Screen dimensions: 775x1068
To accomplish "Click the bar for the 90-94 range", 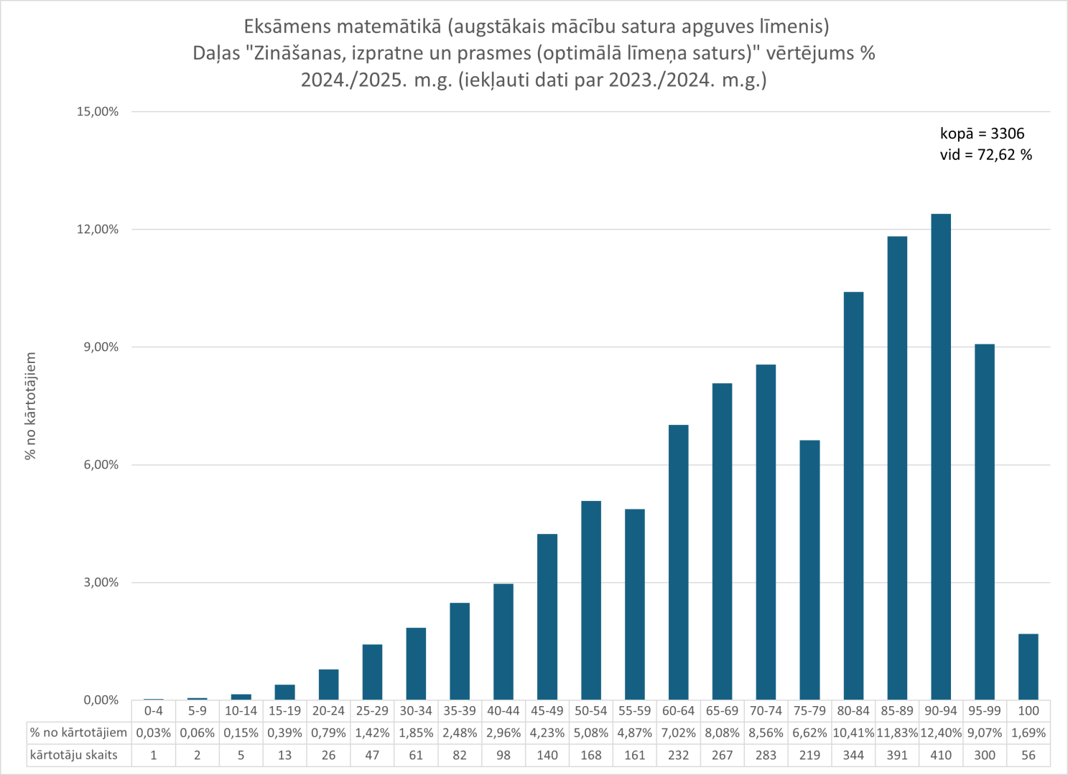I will pyautogui.click(x=940, y=457).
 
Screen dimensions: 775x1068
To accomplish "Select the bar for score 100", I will pyautogui.click(x=1028, y=667).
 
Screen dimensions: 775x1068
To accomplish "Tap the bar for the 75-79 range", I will pyautogui.click(x=809, y=570).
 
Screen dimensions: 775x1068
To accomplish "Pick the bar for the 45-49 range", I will pyautogui.click(x=547, y=617).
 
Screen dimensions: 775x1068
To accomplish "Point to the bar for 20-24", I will pyautogui.click(x=328, y=685).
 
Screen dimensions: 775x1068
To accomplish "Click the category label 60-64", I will pyautogui.click(x=678, y=711).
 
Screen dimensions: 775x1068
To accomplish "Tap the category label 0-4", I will pyautogui.click(x=154, y=711).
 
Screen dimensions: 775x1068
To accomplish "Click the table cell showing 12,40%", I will pyautogui.click(x=941, y=733).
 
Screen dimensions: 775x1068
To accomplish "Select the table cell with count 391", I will pyautogui.click(x=897, y=756).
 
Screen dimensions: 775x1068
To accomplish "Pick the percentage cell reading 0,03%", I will pyautogui.click(x=154, y=733).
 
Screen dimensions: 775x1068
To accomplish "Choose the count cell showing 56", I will pyautogui.click(x=1028, y=756).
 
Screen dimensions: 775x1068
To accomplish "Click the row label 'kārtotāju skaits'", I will pyautogui.click(x=73, y=756).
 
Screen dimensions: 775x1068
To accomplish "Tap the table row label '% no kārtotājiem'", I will pyautogui.click(x=78, y=733).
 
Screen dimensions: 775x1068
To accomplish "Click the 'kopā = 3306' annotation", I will pyautogui.click(x=982, y=133).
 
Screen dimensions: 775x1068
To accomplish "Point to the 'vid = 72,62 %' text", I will pyautogui.click(x=985, y=155).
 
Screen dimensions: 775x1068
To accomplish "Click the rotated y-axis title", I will pyautogui.click(x=30, y=406).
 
